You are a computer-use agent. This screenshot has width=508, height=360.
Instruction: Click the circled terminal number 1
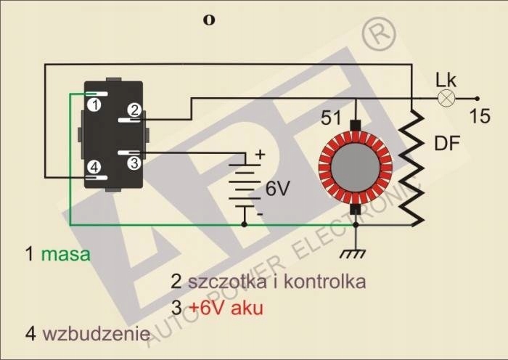pyautogui.click(x=94, y=105)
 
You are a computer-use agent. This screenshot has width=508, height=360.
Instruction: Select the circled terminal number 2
pyautogui.click(x=133, y=110)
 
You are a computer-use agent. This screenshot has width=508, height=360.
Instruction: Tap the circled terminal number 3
pyautogui.click(x=133, y=163)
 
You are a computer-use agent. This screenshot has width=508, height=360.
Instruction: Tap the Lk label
pyautogui.click(x=445, y=80)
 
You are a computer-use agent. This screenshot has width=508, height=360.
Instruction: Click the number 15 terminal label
pyautogui.click(x=480, y=115)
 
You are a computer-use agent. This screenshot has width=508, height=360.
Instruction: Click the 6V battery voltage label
pyautogui.click(x=277, y=189)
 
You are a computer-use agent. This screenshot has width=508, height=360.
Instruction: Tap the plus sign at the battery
pyautogui.click(x=261, y=155)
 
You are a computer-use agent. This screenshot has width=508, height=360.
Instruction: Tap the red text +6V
pyautogui.click(x=209, y=308)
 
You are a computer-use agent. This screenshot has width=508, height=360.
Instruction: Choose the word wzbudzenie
pyautogui.click(x=97, y=334)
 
